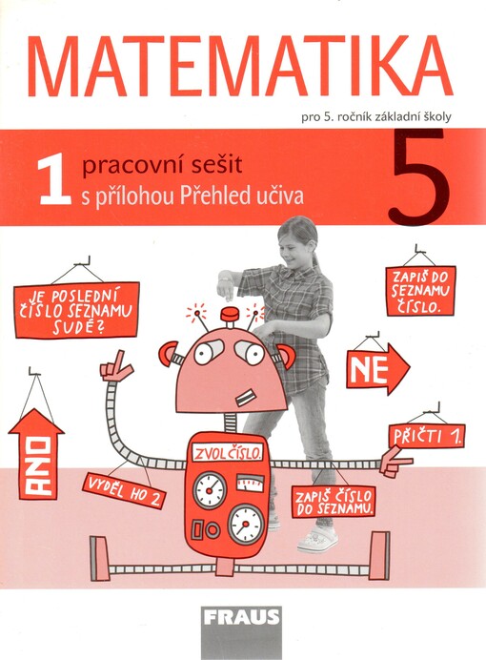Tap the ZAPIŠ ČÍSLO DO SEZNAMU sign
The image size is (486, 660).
tap(333, 502)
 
